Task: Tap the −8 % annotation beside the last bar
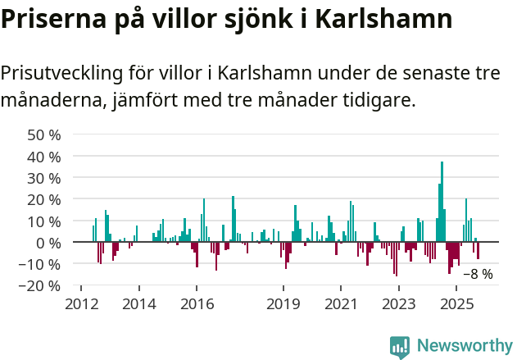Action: tap(478, 274)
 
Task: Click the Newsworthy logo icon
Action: tap(400, 347)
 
